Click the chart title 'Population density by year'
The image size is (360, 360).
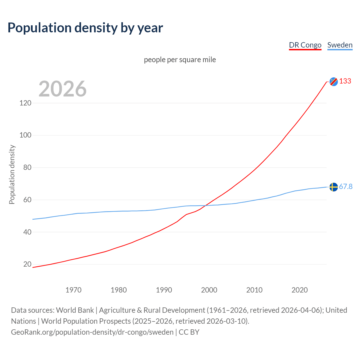click(x=85, y=28)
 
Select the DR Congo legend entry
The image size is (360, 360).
click(x=305, y=45)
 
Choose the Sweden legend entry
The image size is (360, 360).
click(x=340, y=45)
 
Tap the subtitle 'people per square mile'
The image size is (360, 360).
click(x=180, y=60)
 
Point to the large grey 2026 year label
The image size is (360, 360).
click(x=62, y=89)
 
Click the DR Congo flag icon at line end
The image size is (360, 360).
click(x=334, y=82)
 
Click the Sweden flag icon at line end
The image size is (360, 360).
click(x=334, y=187)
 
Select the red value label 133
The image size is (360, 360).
click(x=345, y=81)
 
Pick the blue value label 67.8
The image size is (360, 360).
click(x=346, y=187)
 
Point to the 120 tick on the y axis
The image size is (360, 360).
click(x=25, y=103)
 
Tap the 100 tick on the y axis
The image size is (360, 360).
click(x=25, y=135)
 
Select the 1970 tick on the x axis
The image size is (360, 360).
click(x=73, y=290)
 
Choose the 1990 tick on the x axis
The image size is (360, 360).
click(x=164, y=290)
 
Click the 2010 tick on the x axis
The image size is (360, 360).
click(x=254, y=290)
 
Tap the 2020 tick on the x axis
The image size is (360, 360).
click(x=300, y=290)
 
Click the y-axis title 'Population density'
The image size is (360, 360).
click(x=12, y=174)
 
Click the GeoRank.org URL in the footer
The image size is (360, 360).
click(x=92, y=332)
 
